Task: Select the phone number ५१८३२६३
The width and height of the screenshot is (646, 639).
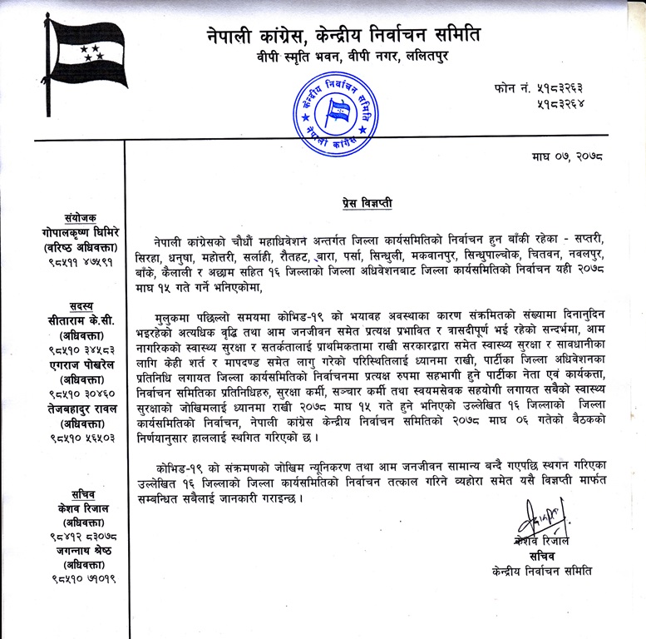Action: [593, 87]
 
